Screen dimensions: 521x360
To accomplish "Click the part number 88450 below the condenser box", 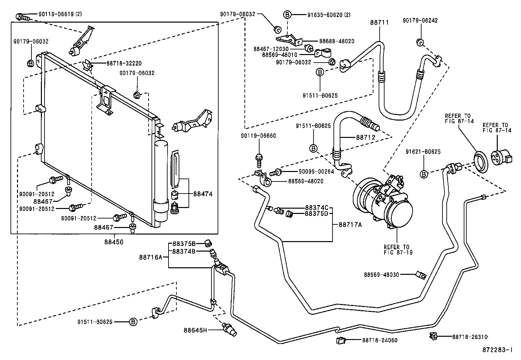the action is click(x=114, y=242).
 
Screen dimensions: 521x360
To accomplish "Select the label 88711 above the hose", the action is click(x=379, y=22).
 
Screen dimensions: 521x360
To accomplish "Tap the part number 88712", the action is click(x=366, y=137).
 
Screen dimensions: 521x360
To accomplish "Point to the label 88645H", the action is click(x=195, y=330).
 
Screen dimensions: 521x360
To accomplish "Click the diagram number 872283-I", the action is click(x=497, y=350).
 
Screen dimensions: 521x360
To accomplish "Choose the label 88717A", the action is click(x=350, y=225).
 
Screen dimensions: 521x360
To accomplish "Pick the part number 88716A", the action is click(x=151, y=257).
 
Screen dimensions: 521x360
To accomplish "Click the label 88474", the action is click(x=203, y=194).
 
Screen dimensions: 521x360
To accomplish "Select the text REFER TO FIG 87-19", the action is click(x=398, y=250).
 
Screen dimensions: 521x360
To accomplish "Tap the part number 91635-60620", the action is click(x=325, y=15).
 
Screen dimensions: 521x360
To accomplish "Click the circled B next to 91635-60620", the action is click(x=287, y=15).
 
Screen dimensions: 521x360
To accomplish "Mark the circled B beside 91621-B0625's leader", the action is click(x=424, y=174).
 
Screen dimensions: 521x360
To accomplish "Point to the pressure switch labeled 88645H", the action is click(x=229, y=329).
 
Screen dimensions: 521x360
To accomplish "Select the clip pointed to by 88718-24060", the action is click(x=341, y=340).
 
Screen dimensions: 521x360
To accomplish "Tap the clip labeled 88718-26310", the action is click(x=433, y=336).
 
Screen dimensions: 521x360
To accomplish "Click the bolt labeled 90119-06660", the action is click(x=259, y=161).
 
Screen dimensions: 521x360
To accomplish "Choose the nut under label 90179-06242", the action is click(x=420, y=42).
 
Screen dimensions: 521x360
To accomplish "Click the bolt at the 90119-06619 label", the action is click(x=23, y=17).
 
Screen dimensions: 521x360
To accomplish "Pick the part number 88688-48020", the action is click(x=336, y=41).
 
